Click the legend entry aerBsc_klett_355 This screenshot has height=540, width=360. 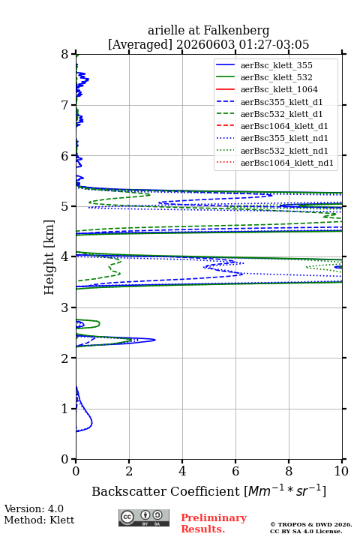pyautogui.click(x=276, y=65)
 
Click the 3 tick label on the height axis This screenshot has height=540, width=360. pyautogui.click(x=65, y=307)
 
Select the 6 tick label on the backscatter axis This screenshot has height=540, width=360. pyautogui.click(x=235, y=471)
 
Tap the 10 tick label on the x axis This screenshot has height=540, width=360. pyautogui.click(x=341, y=471)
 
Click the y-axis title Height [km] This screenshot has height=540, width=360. pyautogui.click(x=49, y=257)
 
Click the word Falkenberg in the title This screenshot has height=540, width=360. pyautogui.click(x=236, y=31)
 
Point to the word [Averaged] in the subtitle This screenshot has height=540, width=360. pyautogui.click(x=140, y=45)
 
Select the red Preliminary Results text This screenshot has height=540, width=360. pyautogui.click(x=214, y=523)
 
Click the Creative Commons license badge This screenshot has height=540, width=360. pyautogui.click(x=144, y=518)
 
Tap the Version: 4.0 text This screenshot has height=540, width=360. pyautogui.click(x=34, y=509)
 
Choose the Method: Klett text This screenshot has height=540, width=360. pyautogui.click(x=39, y=520)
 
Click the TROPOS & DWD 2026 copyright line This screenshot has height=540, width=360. pyautogui.click(x=311, y=525)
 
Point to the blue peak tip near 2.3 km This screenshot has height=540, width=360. pyautogui.click(x=155, y=340)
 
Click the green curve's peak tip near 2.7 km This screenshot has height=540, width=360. pyautogui.click(x=100, y=324)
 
